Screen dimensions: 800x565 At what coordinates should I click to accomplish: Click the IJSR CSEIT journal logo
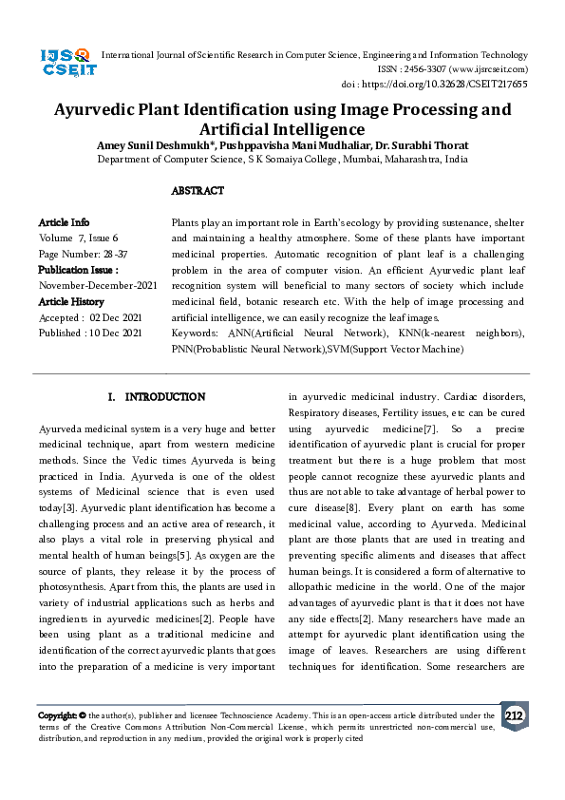(x=66, y=63)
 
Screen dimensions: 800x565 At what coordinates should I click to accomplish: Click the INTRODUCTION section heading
(x=157, y=396)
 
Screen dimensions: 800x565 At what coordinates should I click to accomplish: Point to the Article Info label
(x=64, y=221)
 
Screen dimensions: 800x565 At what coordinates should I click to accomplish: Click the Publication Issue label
(x=78, y=270)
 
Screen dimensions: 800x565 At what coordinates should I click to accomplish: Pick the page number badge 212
(x=514, y=716)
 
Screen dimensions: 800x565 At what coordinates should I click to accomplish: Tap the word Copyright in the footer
(x=58, y=715)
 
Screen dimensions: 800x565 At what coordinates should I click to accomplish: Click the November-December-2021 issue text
(x=98, y=285)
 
